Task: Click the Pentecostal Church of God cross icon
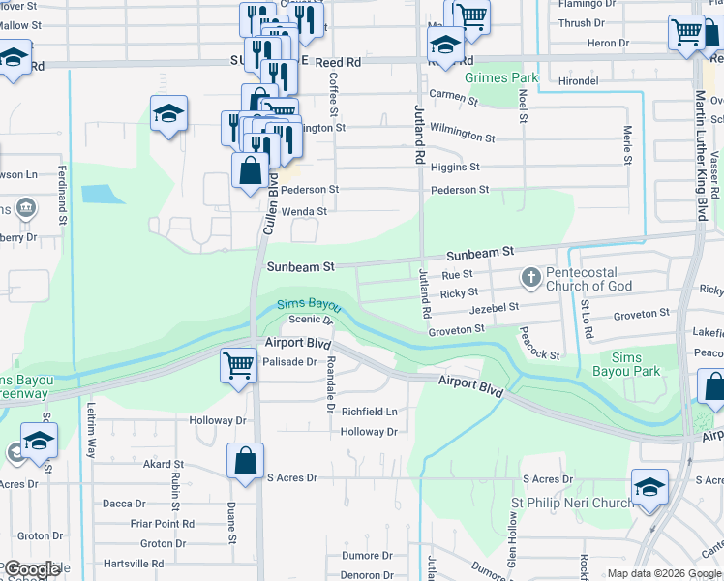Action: pyautogui.click(x=530, y=279)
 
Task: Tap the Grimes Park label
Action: pyautogui.click(x=499, y=76)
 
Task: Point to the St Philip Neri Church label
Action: pyautogui.click(x=571, y=504)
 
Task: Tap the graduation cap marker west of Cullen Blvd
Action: pyautogui.click(x=168, y=114)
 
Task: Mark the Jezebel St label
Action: pyautogui.click(x=495, y=307)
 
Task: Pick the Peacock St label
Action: pyautogui.click(x=539, y=346)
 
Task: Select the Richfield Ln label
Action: pyautogui.click(x=369, y=412)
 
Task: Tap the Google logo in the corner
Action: pyautogui.click(x=31, y=569)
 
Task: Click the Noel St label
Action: pyautogui.click(x=523, y=106)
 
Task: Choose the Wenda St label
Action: pyautogui.click(x=303, y=210)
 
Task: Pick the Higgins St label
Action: pyautogui.click(x=463, y=168)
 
